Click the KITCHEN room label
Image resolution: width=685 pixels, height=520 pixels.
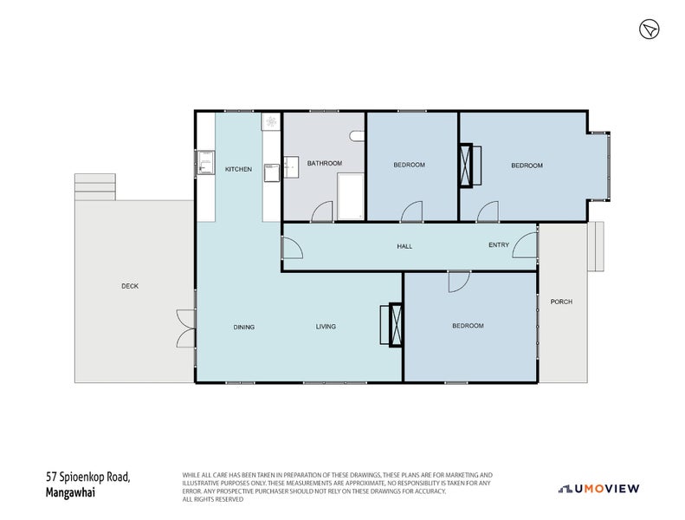[x=238, y=169]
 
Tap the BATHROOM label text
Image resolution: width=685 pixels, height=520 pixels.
[x=325, y=163]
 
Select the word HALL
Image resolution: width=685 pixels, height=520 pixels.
[x=404, y=246]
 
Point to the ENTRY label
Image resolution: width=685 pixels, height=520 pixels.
[x=499, y=245]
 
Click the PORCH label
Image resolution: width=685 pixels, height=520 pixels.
[x=561, y=302]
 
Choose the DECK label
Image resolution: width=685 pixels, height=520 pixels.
[x=130, y=286]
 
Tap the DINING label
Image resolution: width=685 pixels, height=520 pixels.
[x=243, y=327]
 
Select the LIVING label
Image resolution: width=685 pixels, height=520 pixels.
[x=326, y=327]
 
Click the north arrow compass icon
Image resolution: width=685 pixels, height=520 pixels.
[x=649, y=30]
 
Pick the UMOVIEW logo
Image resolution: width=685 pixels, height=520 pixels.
[x=599, y=489]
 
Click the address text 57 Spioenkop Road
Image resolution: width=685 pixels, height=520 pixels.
[x=88, y=476]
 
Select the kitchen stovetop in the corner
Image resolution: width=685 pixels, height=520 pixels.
[x=271, y=122]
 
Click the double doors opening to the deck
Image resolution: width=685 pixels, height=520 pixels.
[x=185, y=328]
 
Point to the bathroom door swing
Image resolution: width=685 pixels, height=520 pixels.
[x=321, y=211]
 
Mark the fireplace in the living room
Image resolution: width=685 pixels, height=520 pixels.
[x=396, y=325]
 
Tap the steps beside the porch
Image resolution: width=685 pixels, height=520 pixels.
[x=595, y=246]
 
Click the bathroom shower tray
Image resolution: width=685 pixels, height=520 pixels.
[x=350, y=196]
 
